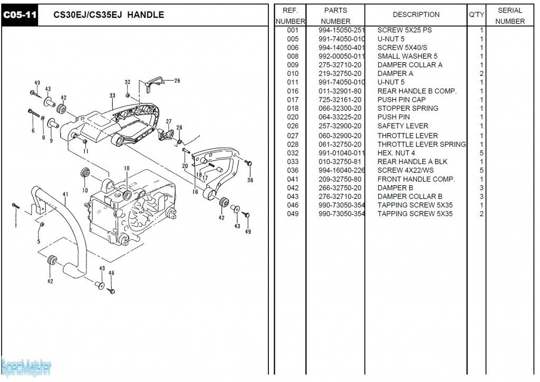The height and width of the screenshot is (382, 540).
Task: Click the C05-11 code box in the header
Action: tap(20, 15)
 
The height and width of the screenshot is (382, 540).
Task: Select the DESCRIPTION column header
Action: tap(416, 15)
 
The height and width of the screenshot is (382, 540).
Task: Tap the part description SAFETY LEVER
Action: tap(402, 126)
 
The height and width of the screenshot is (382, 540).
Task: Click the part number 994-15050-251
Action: tap(341, 30)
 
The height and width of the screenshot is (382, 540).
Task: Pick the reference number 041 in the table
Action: tap(293, 179)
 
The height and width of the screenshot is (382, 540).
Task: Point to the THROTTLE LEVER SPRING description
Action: tap(421, 144)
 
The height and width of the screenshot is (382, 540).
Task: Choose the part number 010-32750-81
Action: tap(340, 161)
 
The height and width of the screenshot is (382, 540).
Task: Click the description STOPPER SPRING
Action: tap(407, 108)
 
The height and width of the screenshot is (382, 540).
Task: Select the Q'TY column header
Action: tap(476, 15)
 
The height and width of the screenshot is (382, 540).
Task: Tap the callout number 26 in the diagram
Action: tap(177, 81)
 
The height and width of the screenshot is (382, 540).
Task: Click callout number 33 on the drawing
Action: tap(112, 96)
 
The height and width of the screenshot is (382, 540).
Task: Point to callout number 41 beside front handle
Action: tap(65, 194)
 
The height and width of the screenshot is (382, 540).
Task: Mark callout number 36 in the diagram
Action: tap(250, 180)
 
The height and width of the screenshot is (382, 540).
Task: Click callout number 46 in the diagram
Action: tap(111, 273)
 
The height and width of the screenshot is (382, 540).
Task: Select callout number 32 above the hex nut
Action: tap(128, 82)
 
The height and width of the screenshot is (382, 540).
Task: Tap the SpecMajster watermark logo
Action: tap(26, 367)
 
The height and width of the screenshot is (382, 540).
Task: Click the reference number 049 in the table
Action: tap(293, 214)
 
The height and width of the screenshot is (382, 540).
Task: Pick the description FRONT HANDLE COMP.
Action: tap(416, 179)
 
